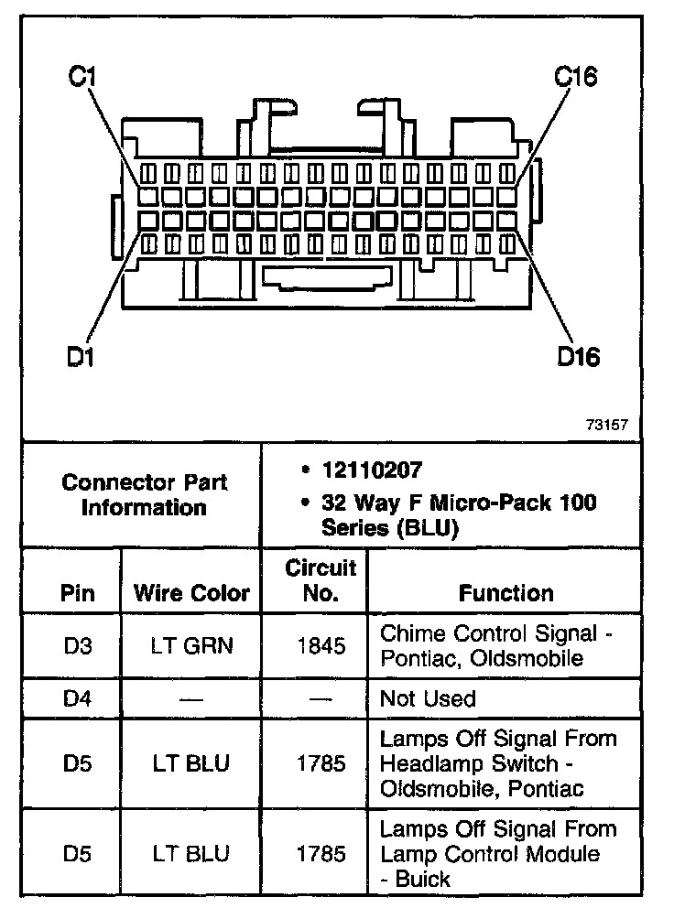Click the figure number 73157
click(x=606, y=425)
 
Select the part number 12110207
click(x=371, y=470)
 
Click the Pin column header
click(x=77, y=592)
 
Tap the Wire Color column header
click(x=191, y=592)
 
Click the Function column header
click(x=505, y=592)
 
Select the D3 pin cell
click(x=78, y=645)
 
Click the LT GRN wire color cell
click(x=191, y=645)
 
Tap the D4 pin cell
click(x=78, y=698)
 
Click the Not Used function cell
click(x=428, y=698)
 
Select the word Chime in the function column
click(x=409, y=632)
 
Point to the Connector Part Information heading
click(x=143, y=494)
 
